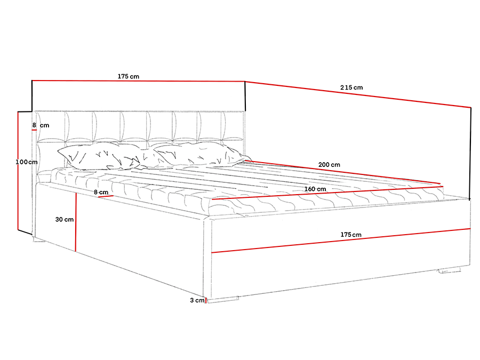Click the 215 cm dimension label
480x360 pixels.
(x=351, y=87)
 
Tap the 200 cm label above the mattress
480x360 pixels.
(x=329, y=165)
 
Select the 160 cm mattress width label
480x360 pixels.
(x=315, y=189)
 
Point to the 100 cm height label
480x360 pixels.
(x=27, y=162)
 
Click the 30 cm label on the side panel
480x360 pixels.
(x=65, y=220)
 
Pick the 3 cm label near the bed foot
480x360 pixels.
(x=197, y=300)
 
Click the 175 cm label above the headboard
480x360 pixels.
(x=128, y=76)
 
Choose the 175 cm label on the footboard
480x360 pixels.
(x=351, y=235)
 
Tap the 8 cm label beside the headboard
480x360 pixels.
(x=41, y=125)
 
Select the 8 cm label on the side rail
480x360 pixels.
(x=101, y=192)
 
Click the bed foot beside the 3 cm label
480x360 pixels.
(x=222, y=299)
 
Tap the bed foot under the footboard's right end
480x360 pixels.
(x=450, y=270)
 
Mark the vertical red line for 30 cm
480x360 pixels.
(x=75, y=222)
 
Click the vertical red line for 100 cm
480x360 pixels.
(x=18, y=171)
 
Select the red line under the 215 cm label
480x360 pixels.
(x=358, y=94)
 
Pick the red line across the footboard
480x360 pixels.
(x=341, y=241)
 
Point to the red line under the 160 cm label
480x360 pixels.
(x=327, y=193)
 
